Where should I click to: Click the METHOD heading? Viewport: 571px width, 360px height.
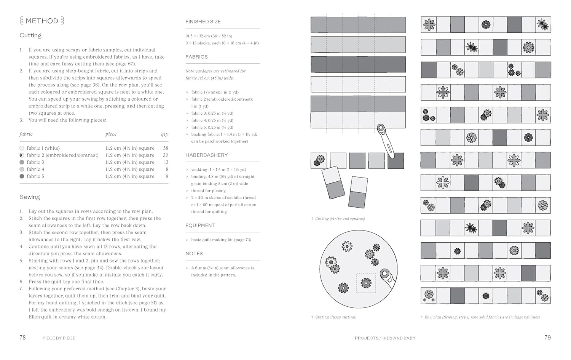42,21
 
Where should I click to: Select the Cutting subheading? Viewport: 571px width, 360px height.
30,35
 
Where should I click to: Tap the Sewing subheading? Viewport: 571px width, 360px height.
30,197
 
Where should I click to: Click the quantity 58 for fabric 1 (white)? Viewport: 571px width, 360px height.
166,148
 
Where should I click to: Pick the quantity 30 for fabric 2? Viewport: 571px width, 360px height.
166,155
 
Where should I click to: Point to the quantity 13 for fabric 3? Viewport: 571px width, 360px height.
166,162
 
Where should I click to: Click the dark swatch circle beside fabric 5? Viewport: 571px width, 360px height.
22,176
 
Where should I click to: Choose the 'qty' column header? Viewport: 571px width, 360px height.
164,134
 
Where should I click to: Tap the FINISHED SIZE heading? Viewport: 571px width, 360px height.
203,22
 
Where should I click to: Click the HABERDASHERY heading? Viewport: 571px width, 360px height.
206,155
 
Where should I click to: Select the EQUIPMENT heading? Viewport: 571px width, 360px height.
200,226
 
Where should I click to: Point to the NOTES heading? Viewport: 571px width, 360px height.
194,254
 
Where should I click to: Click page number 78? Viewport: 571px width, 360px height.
22,338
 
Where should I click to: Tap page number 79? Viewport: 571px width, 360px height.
547,338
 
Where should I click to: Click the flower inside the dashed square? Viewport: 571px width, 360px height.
366,283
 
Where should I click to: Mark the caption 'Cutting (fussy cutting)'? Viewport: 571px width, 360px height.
335,317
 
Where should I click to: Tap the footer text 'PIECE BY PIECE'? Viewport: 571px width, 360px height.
59,338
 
